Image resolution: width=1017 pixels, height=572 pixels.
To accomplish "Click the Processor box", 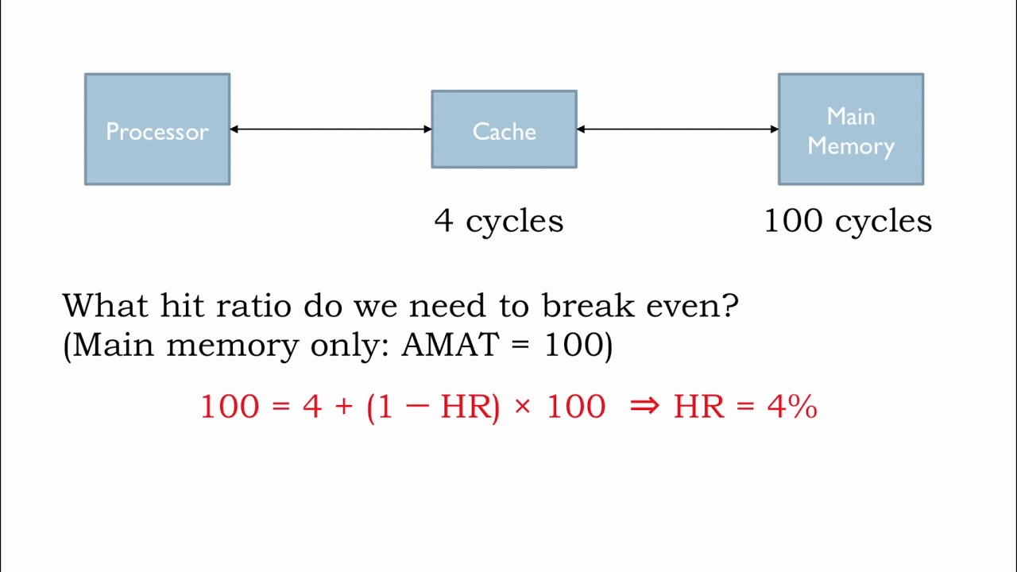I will click(157, 129).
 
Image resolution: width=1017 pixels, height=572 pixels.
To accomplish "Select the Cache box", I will click(504, 129).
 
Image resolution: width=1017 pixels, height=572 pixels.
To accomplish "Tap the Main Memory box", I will click(850, 129).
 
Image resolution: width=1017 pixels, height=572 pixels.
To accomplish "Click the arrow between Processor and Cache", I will click(331, 129).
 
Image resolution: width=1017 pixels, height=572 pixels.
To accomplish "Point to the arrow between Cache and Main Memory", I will click(677, 129).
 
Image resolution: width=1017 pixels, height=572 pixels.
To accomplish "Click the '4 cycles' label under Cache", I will click(499, 221).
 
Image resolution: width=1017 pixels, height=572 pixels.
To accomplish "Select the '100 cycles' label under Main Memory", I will click(848, 221).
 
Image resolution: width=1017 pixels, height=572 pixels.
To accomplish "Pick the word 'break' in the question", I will click(589, 306).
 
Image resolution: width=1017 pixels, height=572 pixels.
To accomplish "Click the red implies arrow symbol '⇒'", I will click(644, 407).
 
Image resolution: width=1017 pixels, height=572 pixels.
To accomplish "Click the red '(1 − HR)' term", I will click(433, 407).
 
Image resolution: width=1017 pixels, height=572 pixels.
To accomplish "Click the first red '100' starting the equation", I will click(230, 407).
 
